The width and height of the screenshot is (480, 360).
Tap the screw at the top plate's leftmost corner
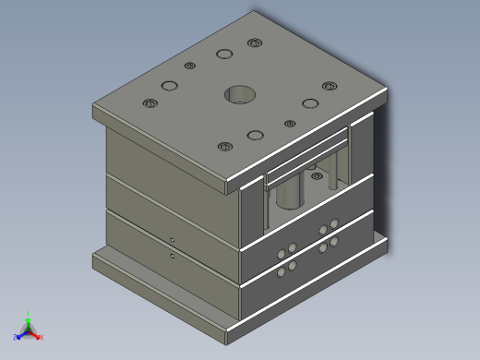click(x=150, y=102)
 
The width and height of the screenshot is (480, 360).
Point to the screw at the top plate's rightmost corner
click(x=329, y=87)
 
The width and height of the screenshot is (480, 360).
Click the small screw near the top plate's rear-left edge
click(x=190, y=66)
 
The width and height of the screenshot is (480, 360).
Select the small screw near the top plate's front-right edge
click(x=289, y=123)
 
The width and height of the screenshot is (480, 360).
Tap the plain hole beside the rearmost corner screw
click(x=223, y=53)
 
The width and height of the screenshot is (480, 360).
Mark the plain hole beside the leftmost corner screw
click(x=169, y=86)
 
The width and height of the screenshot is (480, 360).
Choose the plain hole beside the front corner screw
click(x=256, y=135)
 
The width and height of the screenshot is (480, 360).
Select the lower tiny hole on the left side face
click(x=173, y=255)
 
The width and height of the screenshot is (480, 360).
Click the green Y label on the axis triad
click(x=29, y=314)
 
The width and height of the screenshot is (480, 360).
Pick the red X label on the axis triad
click(x=41, y=337)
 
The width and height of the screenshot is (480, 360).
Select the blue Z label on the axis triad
click(x=16, y=337)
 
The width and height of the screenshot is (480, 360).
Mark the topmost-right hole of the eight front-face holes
click(x=334, y=221)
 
